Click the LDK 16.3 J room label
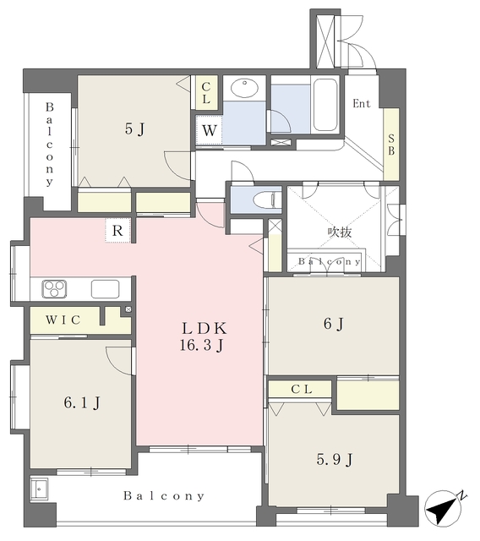coord(204,336)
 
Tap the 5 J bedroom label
coord(135,129)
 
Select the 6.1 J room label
coord(82,402)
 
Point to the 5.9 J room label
coord(335,459)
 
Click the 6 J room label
coord(334,324)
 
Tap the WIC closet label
coord(63,320)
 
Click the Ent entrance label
coord(362,103)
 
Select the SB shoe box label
coord(391,145)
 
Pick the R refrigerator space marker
coord(117,230)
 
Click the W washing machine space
coord(209,130)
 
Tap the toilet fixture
coord(267,199)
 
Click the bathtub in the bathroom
coord(325,105)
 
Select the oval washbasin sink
coord(244,88)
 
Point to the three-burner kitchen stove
coord(54,288)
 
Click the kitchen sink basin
coord(105,289)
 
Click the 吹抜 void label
coord(340,232)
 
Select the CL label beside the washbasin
coord(206,93)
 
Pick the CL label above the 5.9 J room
coord(302,389)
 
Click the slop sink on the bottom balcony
coord(39,489)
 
